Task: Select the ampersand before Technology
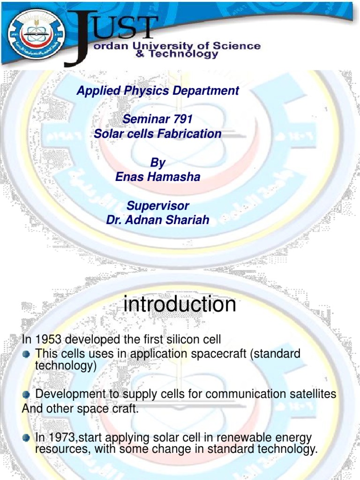point(152,54)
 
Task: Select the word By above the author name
point(158,163)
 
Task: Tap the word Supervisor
point(158,206)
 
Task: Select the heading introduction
point(180,305)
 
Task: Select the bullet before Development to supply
point(27,394)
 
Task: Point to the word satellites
point(309,394)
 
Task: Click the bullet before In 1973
point(27,438)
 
